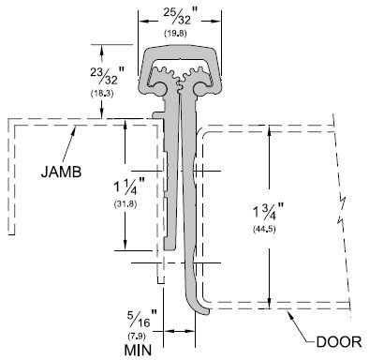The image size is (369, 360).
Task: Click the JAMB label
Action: tap(61, 172)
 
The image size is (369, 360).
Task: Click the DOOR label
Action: tap(339, 341)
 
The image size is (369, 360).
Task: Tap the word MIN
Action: tap(138, 350)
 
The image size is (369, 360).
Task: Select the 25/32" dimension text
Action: tap(181, 16)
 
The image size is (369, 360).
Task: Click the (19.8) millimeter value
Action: tap(176, 34)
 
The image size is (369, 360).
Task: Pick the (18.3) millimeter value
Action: tap(102, 94)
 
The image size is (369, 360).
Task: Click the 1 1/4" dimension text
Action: tap(129, 187)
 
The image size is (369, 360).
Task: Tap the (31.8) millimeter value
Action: tap(125, 204)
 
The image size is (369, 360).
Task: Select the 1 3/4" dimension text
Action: tap(268, 212)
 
